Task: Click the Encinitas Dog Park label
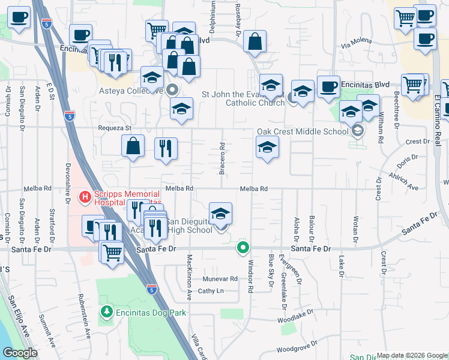(151, 313)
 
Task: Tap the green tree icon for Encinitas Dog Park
(107, 312)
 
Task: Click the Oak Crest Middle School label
(303, 131)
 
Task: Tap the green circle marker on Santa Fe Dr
(243, 247)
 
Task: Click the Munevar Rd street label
(220, 279)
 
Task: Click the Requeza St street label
(115, 128)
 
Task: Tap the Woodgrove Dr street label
(297, 347)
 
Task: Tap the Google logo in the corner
(20, 353)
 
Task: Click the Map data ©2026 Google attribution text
(412, 355)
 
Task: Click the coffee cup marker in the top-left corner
(19, 17)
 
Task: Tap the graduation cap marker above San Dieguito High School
(220, 214)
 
